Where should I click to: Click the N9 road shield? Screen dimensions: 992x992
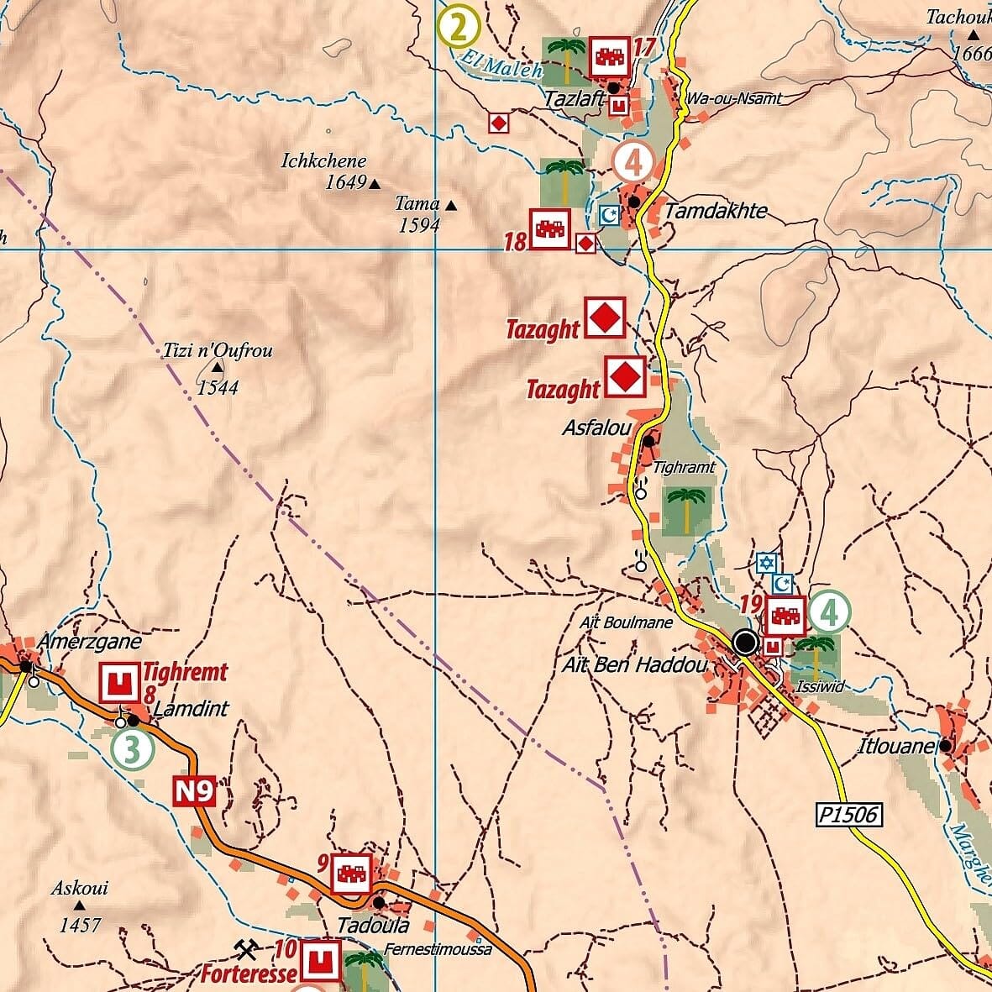pyautogui.click(x=195, y=791)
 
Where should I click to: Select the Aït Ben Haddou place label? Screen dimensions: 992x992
pyautogui.click(x=633, y=665)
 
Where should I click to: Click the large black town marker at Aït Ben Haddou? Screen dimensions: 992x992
pyautogui.click(x=745, y=643)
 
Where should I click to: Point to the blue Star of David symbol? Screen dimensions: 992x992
pyautogui.click(x=765, y=563)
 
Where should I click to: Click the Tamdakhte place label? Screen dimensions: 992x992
pyautogui.click(x=715, y=210)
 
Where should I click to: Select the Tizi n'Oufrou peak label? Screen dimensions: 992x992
pyautogui.click(x=218, y=351)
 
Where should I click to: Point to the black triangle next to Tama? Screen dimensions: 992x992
pyautogui.click(x=452, y=205)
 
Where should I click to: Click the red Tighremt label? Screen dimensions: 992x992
pyautogui.click(x=185, y=672)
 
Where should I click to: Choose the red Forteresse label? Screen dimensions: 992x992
pyautogui.click(x=249, y=974)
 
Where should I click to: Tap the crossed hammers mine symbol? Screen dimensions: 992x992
pyautogui.click(x=245, y=949)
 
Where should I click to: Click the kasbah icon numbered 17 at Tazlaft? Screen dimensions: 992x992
pyautogui.click(x=609, y=57)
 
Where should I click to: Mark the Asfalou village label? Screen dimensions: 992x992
pyautogui.click(x=596, y=428)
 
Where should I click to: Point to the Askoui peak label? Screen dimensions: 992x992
pyautogui.click(x=80, y=888)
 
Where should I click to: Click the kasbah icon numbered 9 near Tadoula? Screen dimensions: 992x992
pyautogui.click(x=352, y=874)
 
